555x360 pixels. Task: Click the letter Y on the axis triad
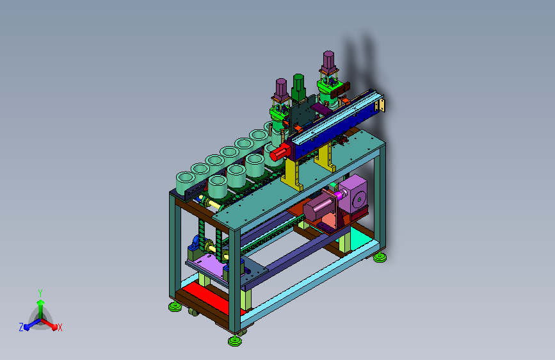[40, 293]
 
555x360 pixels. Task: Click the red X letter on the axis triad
[60, 327]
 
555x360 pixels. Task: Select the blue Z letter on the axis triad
[21, 327]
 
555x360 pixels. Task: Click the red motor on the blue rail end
[280, 152]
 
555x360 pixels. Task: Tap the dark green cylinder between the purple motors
[298, 88]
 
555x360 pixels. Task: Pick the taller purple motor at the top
[328, 62]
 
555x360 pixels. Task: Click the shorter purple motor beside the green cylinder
[281, 89]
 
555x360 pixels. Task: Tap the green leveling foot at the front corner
[235, 341]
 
